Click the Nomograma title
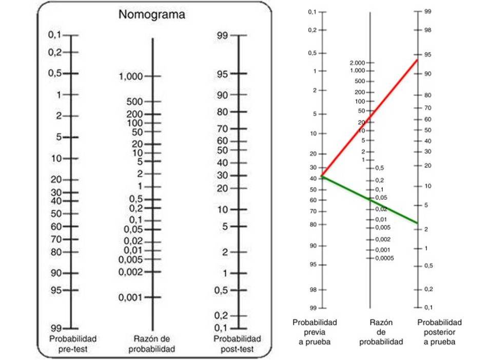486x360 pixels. (x=152, y=15)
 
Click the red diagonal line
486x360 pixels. (x=370, y=118)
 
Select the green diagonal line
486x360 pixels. (x=370, y=200)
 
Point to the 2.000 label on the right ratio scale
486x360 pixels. (x=356, y=63)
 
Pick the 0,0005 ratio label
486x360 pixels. (x=384, y=258)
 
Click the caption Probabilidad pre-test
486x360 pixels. (x=73, y=344)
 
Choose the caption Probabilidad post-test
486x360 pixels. (x=237, y=344)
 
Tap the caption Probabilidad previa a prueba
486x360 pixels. (x=315, y=332)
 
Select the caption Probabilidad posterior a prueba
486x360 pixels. (x=439, y=332)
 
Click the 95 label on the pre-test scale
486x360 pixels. (x=56, y=290)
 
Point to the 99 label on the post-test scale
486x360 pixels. (x=222, y=35)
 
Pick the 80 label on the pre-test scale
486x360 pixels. (x=56, y=252)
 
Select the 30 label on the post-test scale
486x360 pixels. (x=222, y=176)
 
